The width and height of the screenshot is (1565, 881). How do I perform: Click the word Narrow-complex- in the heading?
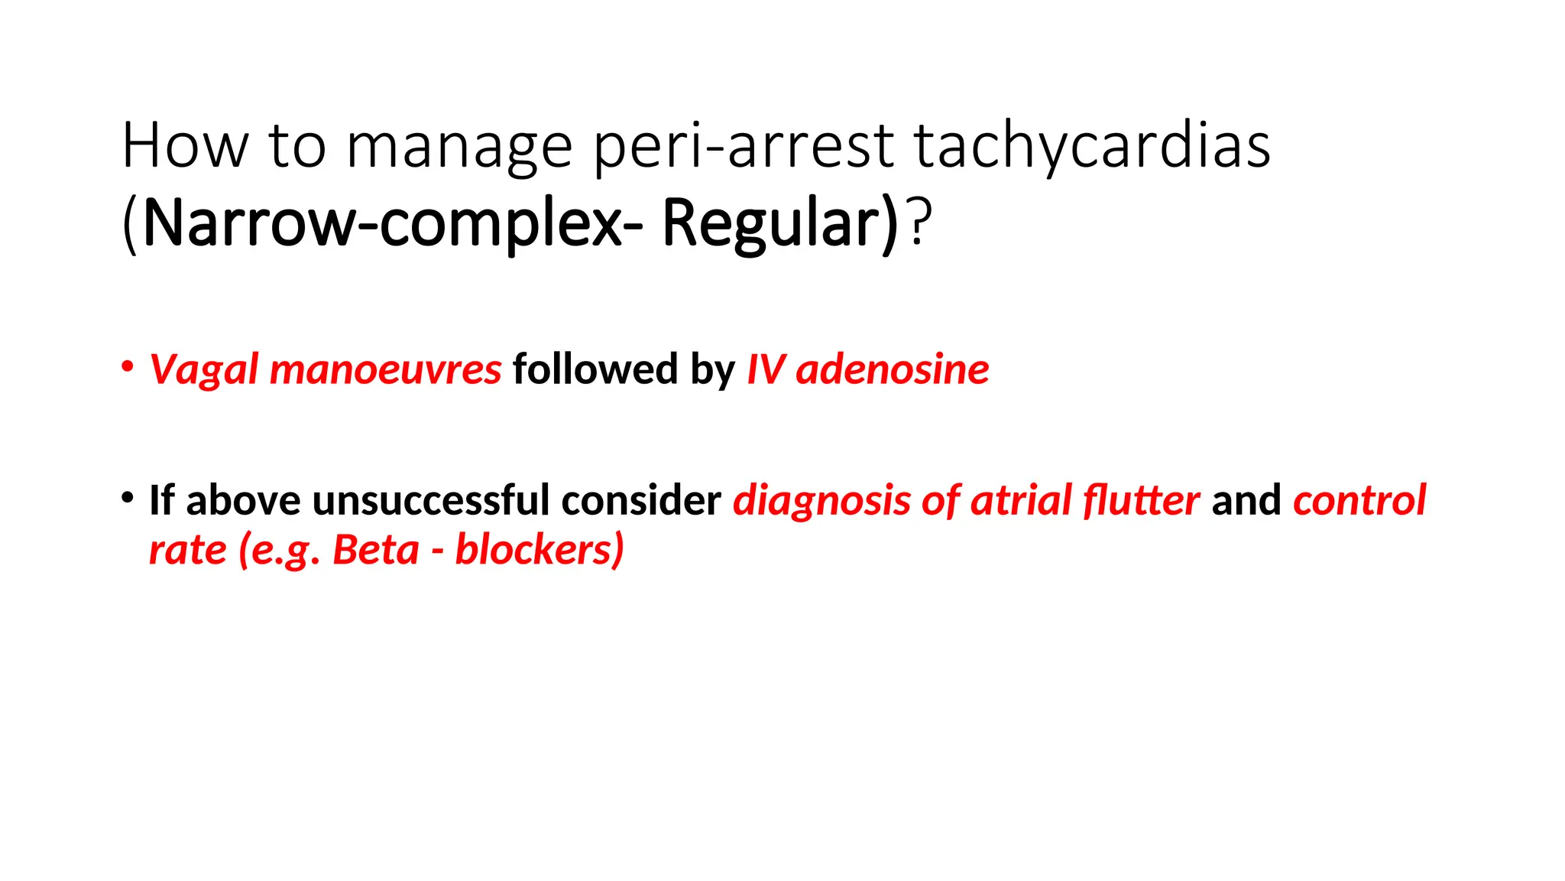393,224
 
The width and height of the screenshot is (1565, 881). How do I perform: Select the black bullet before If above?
128,496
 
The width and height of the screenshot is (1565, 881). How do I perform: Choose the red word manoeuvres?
385,369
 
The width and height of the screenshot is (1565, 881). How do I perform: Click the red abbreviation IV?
766,369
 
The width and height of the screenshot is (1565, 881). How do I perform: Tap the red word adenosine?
892,369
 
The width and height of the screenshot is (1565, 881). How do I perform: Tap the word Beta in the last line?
375,550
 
